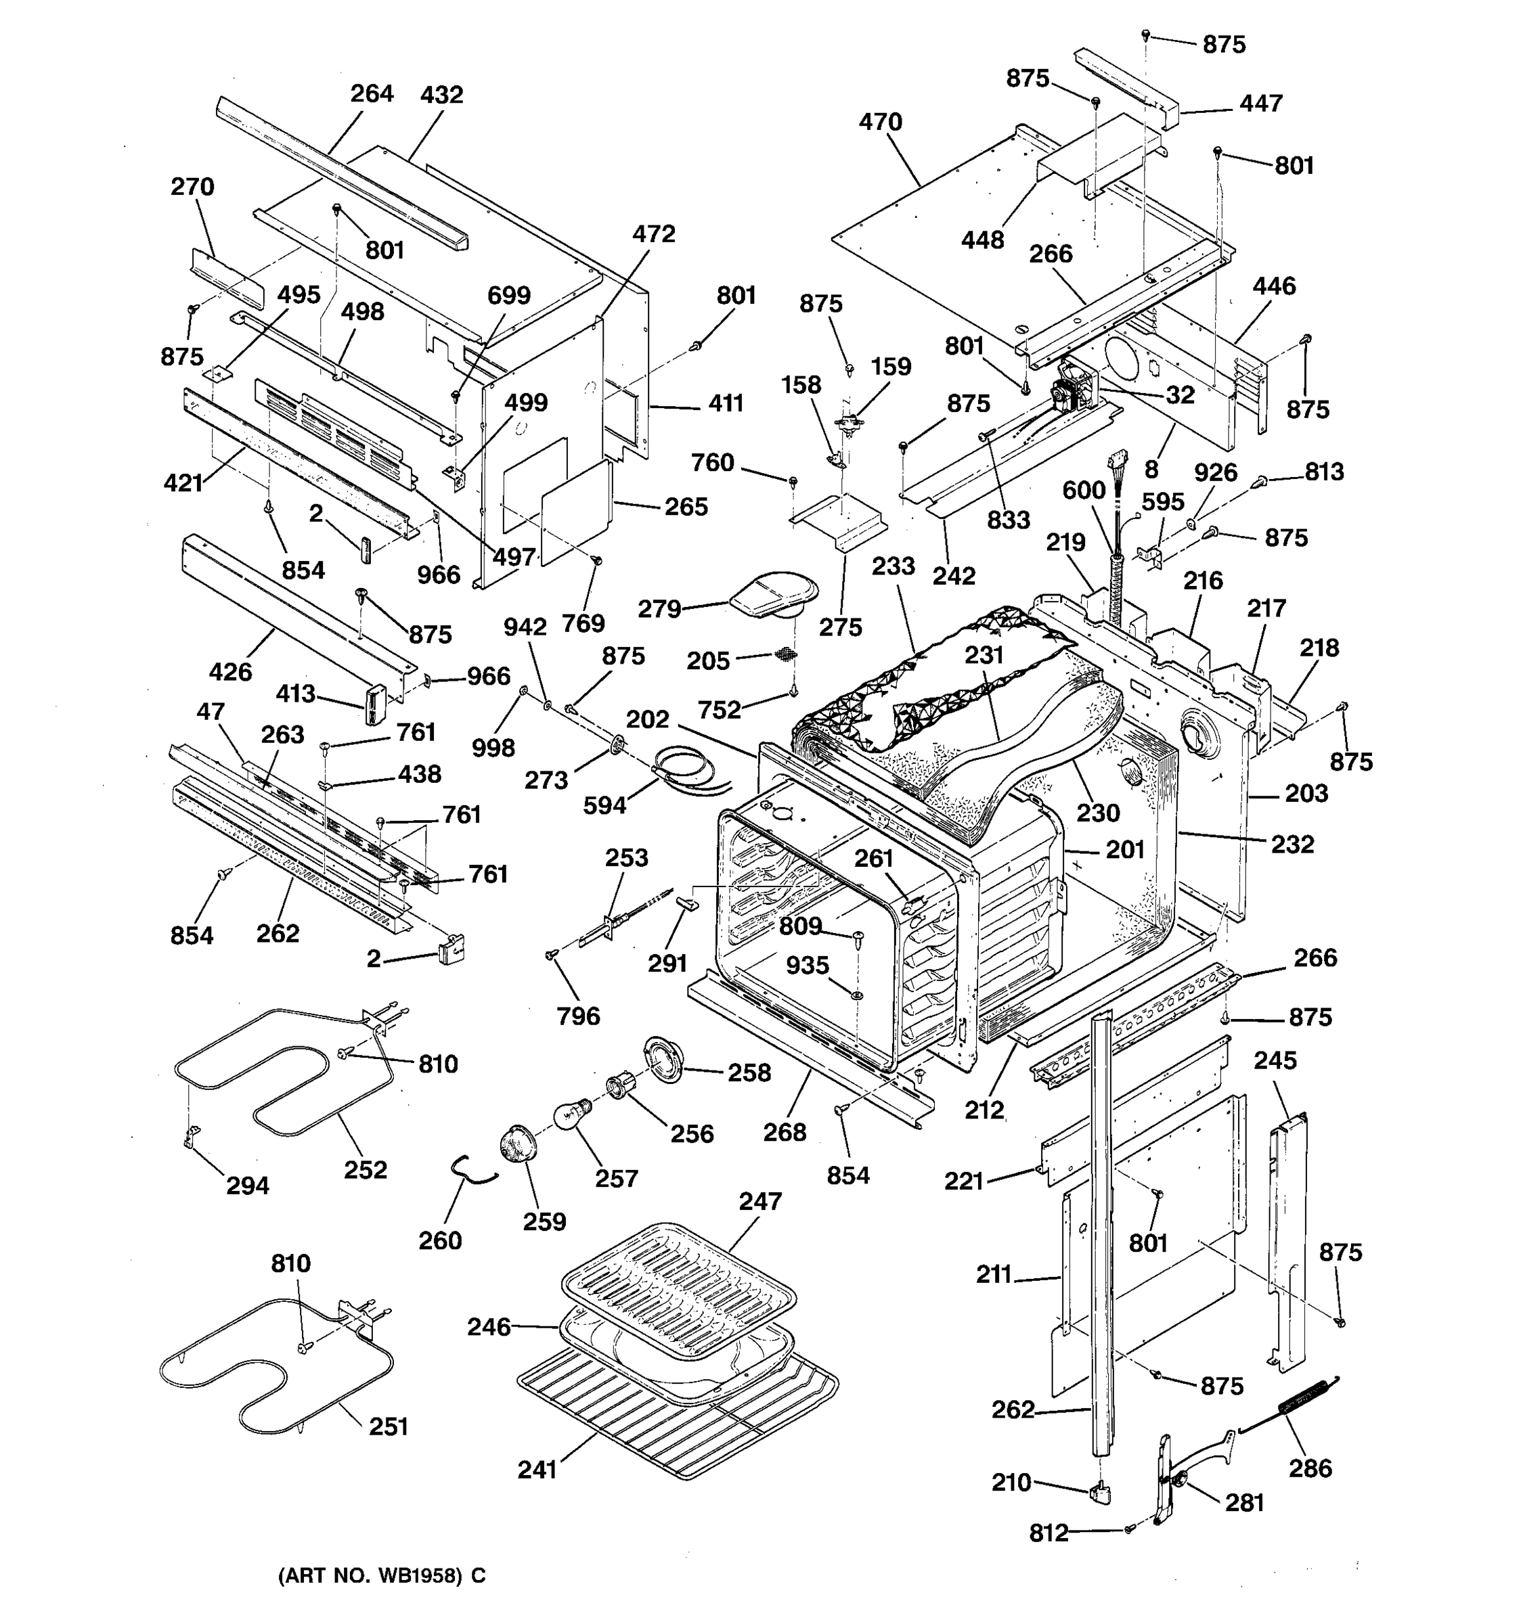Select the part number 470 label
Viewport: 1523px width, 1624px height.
click(x=880, y=122)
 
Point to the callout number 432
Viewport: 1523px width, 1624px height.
click(x=441, y=95)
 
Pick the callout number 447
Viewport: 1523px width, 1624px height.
click(x=1261, y=104)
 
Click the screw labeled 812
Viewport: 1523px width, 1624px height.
click(x=1130, y=1527)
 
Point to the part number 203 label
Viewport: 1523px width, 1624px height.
click(x=1306, y=793)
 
